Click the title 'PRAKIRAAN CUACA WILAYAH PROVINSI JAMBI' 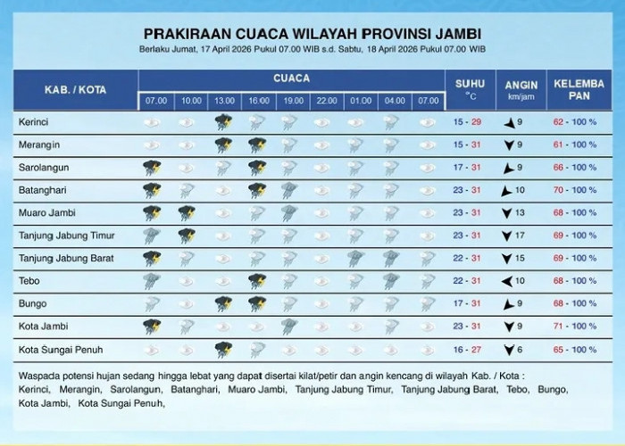point(312,33)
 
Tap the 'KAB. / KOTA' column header point(76,90)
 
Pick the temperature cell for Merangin point(470,144)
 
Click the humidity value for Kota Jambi point(579,327)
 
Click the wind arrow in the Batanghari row point(507,190)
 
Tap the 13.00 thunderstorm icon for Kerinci point(222,120)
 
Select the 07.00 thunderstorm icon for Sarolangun point(152,167)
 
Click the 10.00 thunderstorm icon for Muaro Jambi point(187,212)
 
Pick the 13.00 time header point(222,102)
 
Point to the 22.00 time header point(327,102)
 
